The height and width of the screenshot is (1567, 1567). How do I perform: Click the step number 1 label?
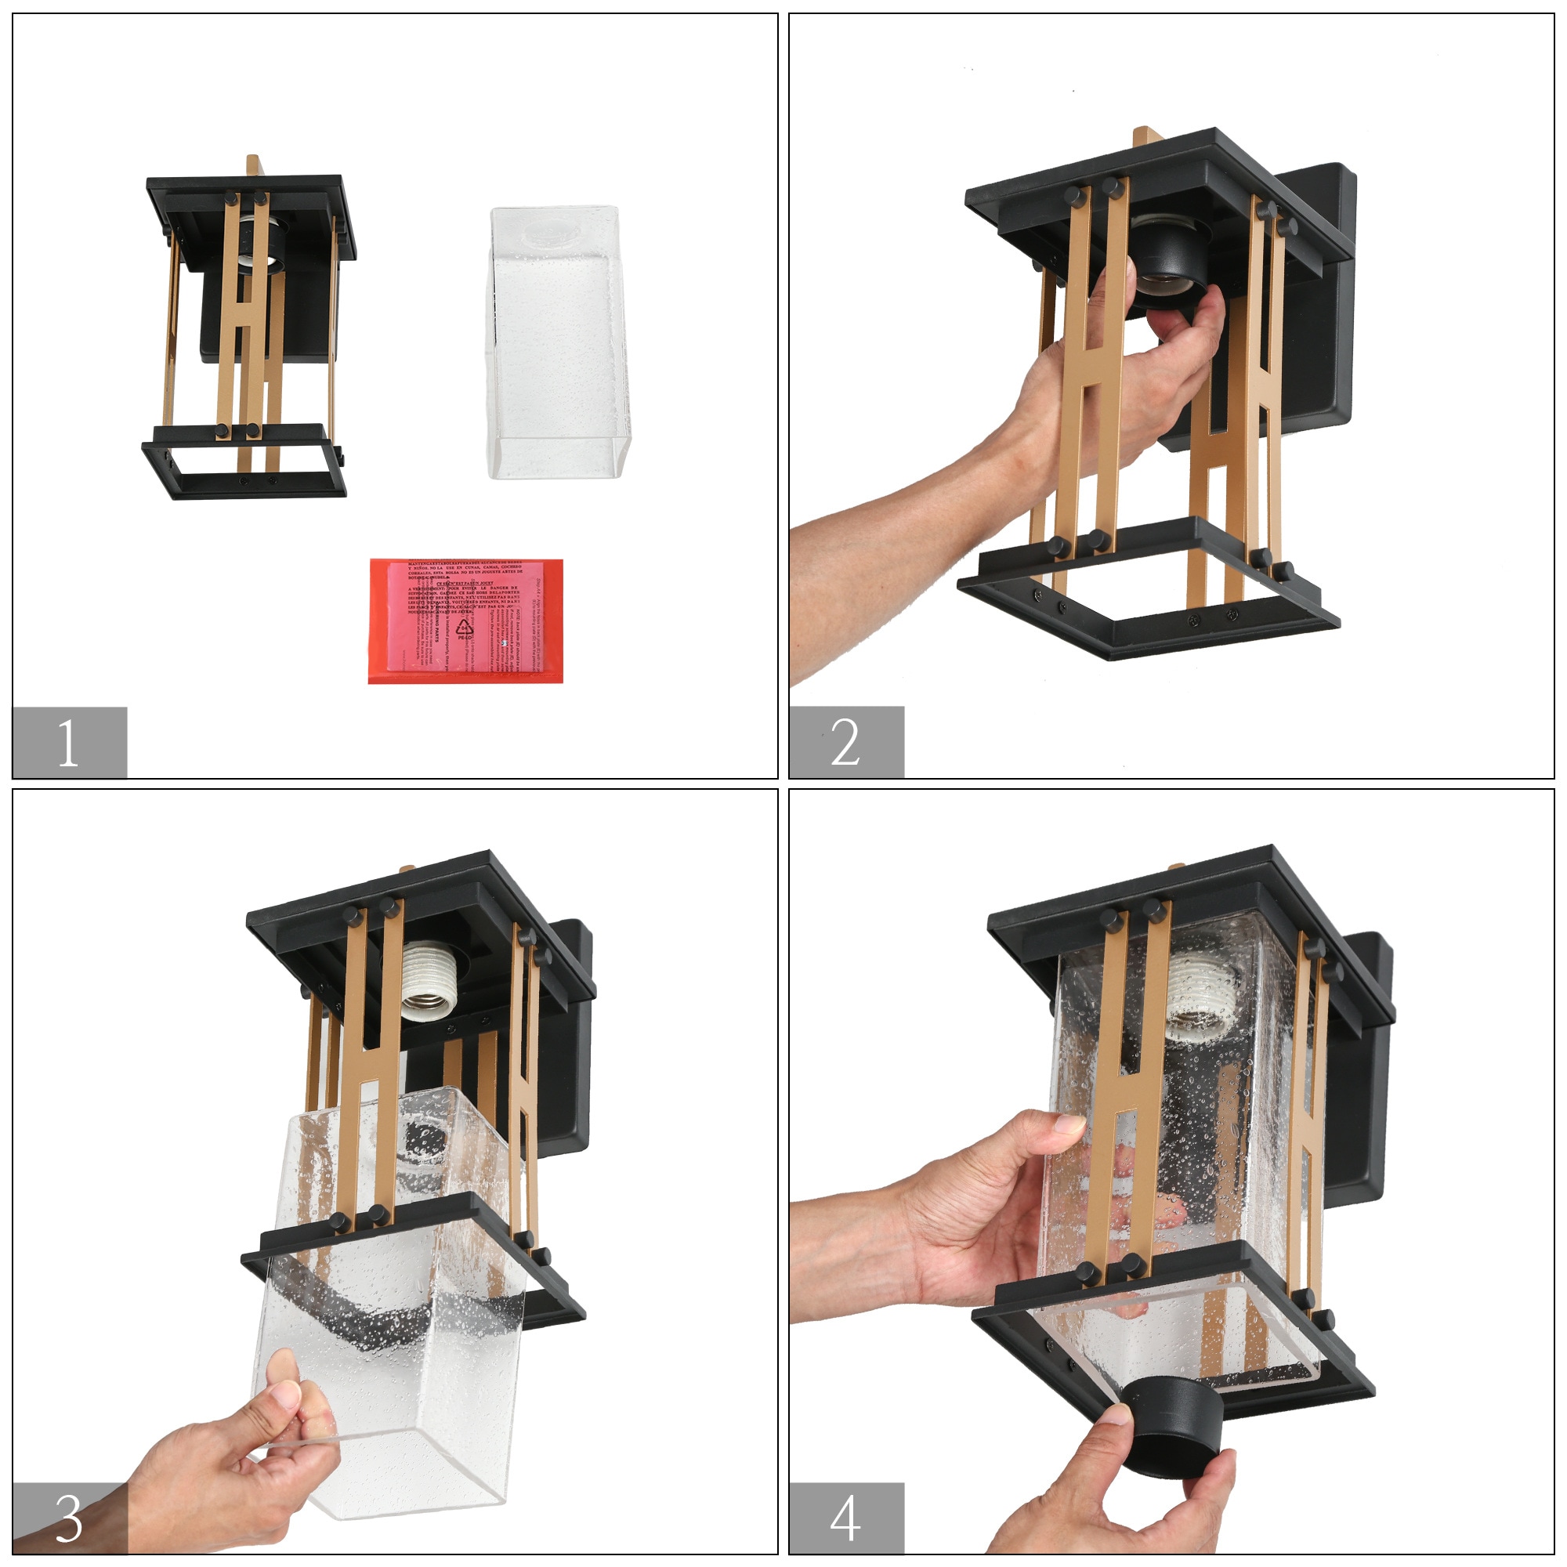69,742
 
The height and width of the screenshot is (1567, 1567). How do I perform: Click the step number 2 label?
846,742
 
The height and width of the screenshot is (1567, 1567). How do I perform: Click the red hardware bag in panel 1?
465,621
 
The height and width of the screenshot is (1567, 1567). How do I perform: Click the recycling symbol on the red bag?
465,628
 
